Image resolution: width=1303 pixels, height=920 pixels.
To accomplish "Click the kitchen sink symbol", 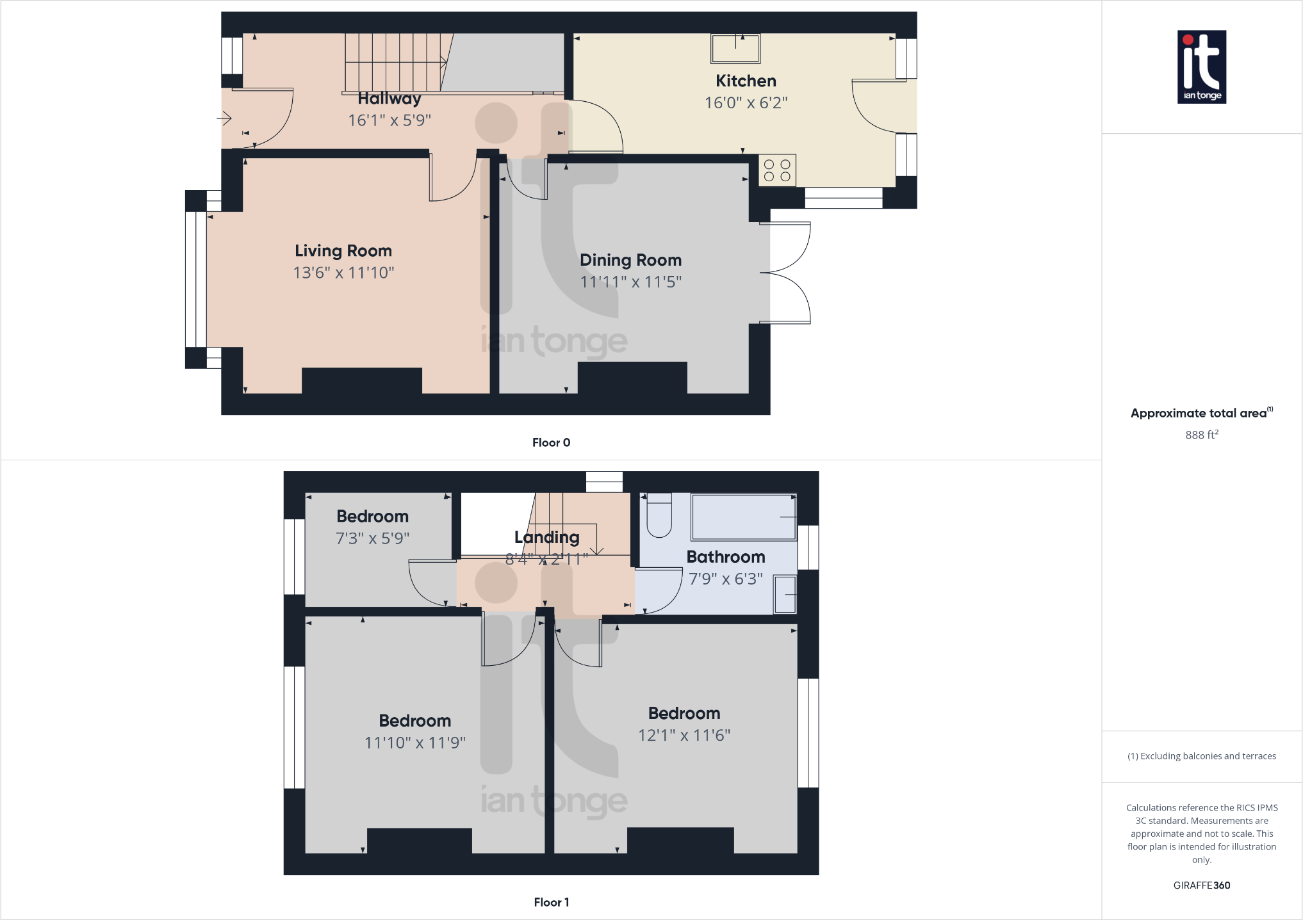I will point(735,49).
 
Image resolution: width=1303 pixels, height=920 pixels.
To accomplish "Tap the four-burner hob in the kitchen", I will point(777,170).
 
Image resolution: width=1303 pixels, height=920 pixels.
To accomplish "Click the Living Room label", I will point(343,251).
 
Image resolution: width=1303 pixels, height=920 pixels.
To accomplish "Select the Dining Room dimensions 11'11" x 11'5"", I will point(630,282).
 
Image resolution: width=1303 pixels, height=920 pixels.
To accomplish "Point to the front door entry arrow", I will point(224,118).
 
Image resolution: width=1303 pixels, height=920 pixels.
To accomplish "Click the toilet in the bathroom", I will point(659,516).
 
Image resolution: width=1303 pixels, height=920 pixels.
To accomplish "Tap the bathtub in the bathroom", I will point(743,517).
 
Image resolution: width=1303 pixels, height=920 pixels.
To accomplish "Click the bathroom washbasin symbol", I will point(785,594).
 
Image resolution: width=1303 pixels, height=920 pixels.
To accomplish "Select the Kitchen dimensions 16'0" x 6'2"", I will point(746,102).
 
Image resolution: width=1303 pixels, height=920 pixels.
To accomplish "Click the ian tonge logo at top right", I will point(1202,67).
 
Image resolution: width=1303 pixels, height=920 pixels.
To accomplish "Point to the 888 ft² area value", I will point(1201,435).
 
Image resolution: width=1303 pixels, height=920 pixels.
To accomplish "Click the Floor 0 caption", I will point(551,442).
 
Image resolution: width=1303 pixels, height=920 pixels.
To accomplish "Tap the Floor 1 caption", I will point(551,902).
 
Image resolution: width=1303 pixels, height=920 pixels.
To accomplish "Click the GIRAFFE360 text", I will point(1201,885).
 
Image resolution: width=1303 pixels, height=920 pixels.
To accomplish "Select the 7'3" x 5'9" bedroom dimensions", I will point(372,538).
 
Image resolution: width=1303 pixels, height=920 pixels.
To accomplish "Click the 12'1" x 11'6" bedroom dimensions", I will point(684,736).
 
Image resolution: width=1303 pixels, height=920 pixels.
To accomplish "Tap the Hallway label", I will point(389,99).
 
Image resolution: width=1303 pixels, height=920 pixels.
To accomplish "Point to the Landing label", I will point(546,537).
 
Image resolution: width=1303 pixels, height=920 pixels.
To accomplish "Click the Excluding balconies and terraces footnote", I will point(1201,756).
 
